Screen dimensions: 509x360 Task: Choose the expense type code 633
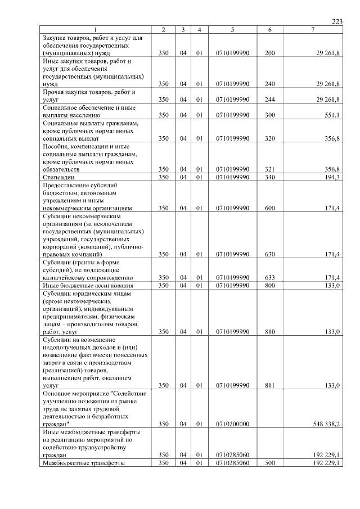coord(269,277)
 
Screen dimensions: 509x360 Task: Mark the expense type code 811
coord(269,385)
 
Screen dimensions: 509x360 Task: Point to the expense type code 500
coord(269,462)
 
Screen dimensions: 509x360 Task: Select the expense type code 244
coord(269,99)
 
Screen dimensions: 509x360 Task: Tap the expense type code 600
coord(269,208)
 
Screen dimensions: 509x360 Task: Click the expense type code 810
coord(269,331)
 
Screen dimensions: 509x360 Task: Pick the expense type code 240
coord(269,83)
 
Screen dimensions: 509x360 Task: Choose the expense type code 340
coord(269,177)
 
